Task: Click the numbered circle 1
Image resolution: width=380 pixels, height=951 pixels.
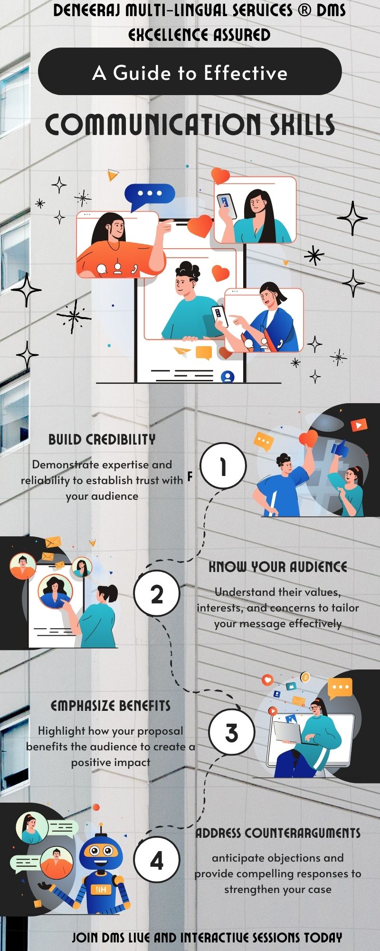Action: [x=223, y=466]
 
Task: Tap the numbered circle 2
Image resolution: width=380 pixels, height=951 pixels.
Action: [x=157, y=593]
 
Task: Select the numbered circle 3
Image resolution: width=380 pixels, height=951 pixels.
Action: [x=232, y=732]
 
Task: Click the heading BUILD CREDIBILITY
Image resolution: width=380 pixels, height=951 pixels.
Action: [x=102, y=439]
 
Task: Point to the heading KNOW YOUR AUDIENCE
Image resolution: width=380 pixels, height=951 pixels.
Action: [x=278, y=567]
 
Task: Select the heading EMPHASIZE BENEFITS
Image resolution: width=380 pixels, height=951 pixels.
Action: [x=111, y=706]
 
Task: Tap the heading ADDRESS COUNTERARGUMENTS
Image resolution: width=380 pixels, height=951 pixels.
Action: [x=278, y=833]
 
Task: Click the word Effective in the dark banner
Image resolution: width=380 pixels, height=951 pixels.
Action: [x=246, y=73]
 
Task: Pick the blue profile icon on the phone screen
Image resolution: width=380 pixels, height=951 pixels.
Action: [x=228, y=377]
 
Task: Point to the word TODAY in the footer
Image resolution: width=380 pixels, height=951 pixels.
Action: [x=323, y=938]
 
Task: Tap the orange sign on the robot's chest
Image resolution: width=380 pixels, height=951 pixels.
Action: [x=101, y=890]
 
